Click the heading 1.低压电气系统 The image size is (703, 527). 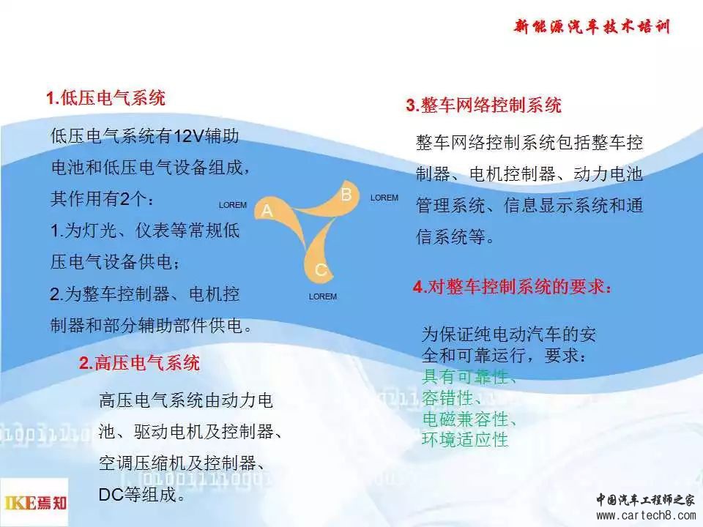coord(105,98)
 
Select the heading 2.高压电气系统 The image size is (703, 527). coord(139,363)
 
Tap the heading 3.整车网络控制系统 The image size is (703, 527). coord(484,105)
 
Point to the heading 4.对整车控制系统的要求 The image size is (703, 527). coord(512,287)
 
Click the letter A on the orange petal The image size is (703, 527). coord(267,210)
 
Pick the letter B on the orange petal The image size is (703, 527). coord(346,195)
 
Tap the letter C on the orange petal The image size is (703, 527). coord(321,270)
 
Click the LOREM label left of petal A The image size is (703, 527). coord(233,205)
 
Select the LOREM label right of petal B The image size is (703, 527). coord(384,198)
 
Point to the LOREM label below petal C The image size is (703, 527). coord(323,296)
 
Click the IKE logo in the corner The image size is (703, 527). coord(35,503)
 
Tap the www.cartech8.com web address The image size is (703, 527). coord(646,515)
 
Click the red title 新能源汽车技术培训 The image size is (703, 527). coord(592,26)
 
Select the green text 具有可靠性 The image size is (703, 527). coord(469,377)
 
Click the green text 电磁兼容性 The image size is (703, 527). coord(469,419)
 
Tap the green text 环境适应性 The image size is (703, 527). coord(465,440)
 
